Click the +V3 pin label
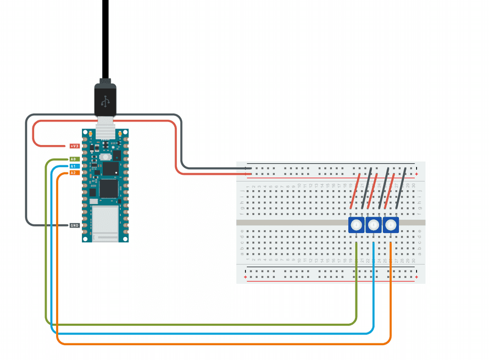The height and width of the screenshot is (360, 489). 75,146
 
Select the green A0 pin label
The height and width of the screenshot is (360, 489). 73,159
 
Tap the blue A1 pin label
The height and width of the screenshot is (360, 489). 73,166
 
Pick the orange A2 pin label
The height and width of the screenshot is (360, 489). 73,173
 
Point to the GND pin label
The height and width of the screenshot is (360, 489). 74,225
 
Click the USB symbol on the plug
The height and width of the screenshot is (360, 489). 105,101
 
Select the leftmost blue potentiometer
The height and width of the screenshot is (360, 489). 356,224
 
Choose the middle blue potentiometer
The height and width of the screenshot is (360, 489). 374,224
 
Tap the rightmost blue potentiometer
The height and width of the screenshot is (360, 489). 391,224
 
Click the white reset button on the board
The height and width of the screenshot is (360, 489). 104,157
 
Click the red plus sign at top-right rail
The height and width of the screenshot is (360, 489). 417,174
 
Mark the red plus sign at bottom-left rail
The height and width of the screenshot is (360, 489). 245,278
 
